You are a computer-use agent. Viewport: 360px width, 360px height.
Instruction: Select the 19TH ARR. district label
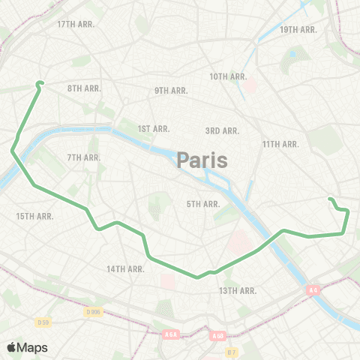298,29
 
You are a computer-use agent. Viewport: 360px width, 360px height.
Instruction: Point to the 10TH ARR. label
228,76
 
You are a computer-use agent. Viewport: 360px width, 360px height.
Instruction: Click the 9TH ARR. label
171,91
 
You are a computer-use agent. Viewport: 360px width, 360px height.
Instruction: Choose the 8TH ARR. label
84,88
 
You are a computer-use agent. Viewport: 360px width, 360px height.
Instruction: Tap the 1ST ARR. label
154,129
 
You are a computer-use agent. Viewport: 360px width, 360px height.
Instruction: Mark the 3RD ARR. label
222,130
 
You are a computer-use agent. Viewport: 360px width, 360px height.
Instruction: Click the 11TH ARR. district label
281,144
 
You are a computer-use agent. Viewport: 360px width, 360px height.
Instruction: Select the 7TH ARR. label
84,157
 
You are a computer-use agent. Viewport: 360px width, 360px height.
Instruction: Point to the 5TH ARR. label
202,204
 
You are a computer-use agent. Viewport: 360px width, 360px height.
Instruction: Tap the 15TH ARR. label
35,216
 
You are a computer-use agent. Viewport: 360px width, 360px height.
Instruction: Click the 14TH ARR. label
125,269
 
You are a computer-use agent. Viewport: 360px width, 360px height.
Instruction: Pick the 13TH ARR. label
238,290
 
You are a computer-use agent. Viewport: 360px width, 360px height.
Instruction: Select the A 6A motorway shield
172,334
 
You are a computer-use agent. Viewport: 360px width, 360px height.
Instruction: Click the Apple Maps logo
27,347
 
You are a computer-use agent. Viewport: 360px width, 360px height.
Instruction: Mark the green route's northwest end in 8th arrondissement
40,83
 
